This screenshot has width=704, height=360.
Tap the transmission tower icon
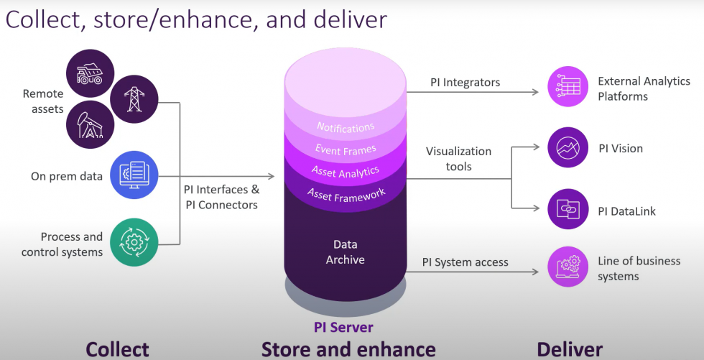click(x=134, y=98)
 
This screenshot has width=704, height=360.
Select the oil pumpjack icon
click(x=90, y=124)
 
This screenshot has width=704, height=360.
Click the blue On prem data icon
click(x=134, y=175)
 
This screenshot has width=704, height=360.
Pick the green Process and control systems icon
click(x=134, y=242)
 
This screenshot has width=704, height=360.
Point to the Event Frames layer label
click(x=346, y=149)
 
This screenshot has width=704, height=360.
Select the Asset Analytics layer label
click(x=346, y=171)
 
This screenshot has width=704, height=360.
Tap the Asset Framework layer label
click(x=346, y=193)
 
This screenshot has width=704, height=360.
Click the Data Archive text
click(x=346, y=251)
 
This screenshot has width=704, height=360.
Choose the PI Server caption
click(x=343, y=328)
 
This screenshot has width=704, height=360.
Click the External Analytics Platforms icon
click(x=568, y=89)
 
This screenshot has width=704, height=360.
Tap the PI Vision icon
click(x=568, y=149)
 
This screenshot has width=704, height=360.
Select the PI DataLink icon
click(x=568, y=211)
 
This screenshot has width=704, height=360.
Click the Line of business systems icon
click(x=568, y=267)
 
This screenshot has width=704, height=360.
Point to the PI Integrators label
click(x=465, y=83)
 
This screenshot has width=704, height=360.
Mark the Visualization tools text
click(x=458, y=159)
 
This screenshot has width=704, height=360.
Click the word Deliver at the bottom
click(x=570, y=349)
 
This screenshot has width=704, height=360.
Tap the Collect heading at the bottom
click(x=117, y=349)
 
